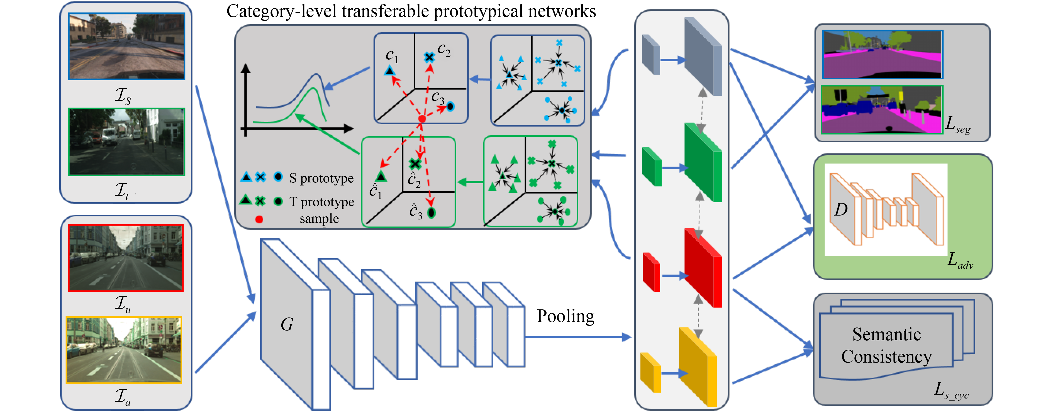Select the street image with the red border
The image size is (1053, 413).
click(x=125, y=258)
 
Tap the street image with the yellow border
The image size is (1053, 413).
click(x=124, y=350)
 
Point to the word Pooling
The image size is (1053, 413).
click(x=565, y=316)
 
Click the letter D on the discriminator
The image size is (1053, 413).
click(x=841, y=210)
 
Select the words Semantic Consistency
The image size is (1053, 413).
click(x=886, y=346)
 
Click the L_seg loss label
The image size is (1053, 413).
click(x=958, y=123)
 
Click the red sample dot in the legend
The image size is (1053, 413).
click(x=259, y=219)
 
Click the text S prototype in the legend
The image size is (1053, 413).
click(x=321, y=178)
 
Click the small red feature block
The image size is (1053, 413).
click(x=651, y=272)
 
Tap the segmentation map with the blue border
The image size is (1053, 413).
click(x=883, y=54)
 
